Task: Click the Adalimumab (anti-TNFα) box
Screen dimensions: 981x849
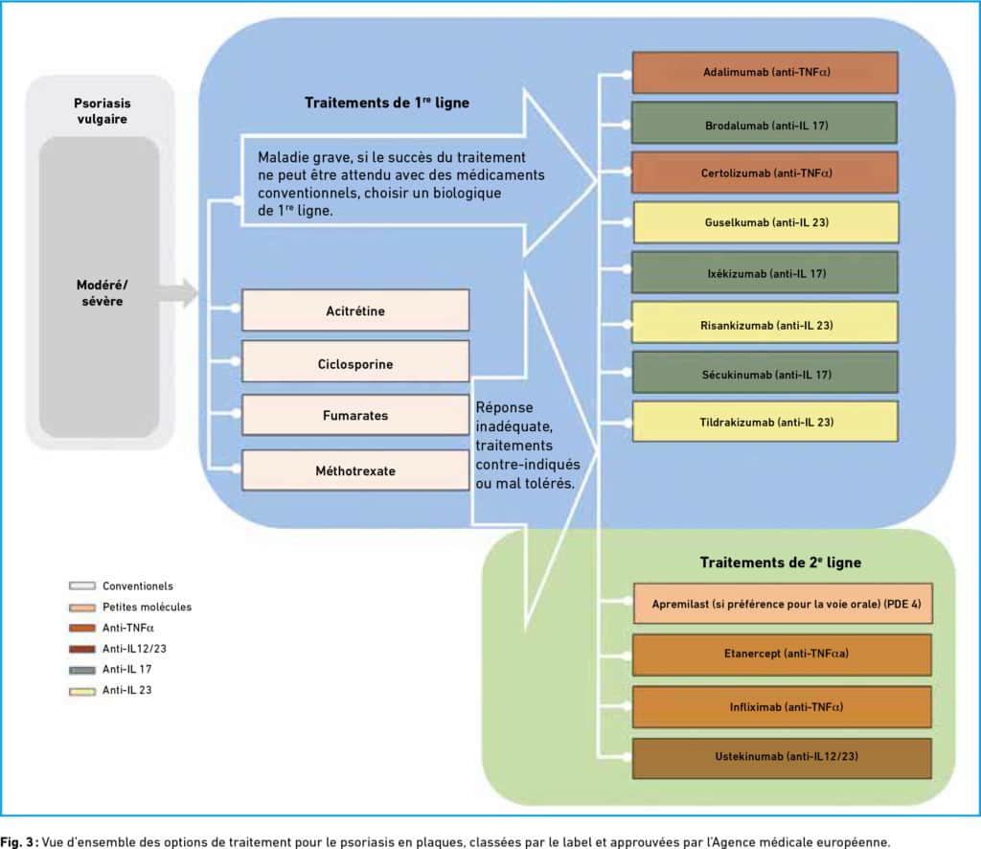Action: click(765, 73)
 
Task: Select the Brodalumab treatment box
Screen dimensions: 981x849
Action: click(764, 123)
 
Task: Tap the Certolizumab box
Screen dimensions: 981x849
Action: click(765, 172)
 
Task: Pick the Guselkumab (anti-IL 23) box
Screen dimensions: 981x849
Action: click(766, 222)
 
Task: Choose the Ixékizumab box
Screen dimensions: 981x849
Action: click(764, 272)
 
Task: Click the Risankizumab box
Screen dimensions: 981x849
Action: click(764, 322)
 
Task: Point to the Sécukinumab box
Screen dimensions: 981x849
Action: click(765, 372)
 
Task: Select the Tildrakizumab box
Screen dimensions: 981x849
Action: click(765, 422)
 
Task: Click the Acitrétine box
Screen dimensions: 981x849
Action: click(355, 310)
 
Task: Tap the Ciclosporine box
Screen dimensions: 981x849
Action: click(355, 361)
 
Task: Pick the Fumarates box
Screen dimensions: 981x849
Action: click(355, 415)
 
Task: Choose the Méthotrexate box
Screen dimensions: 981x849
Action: click(355, 470)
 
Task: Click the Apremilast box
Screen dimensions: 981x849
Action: click(783, 604)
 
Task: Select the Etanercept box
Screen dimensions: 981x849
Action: click(782, 655)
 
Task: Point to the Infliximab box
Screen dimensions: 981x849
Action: click(782, 707)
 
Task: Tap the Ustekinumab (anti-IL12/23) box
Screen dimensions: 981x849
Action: click(782, 758)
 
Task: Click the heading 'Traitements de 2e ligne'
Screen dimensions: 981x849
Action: click(780, 562)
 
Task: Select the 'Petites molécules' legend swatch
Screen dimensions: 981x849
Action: click(82, 607)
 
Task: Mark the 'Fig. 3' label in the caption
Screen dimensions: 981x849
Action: click(19, 841)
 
